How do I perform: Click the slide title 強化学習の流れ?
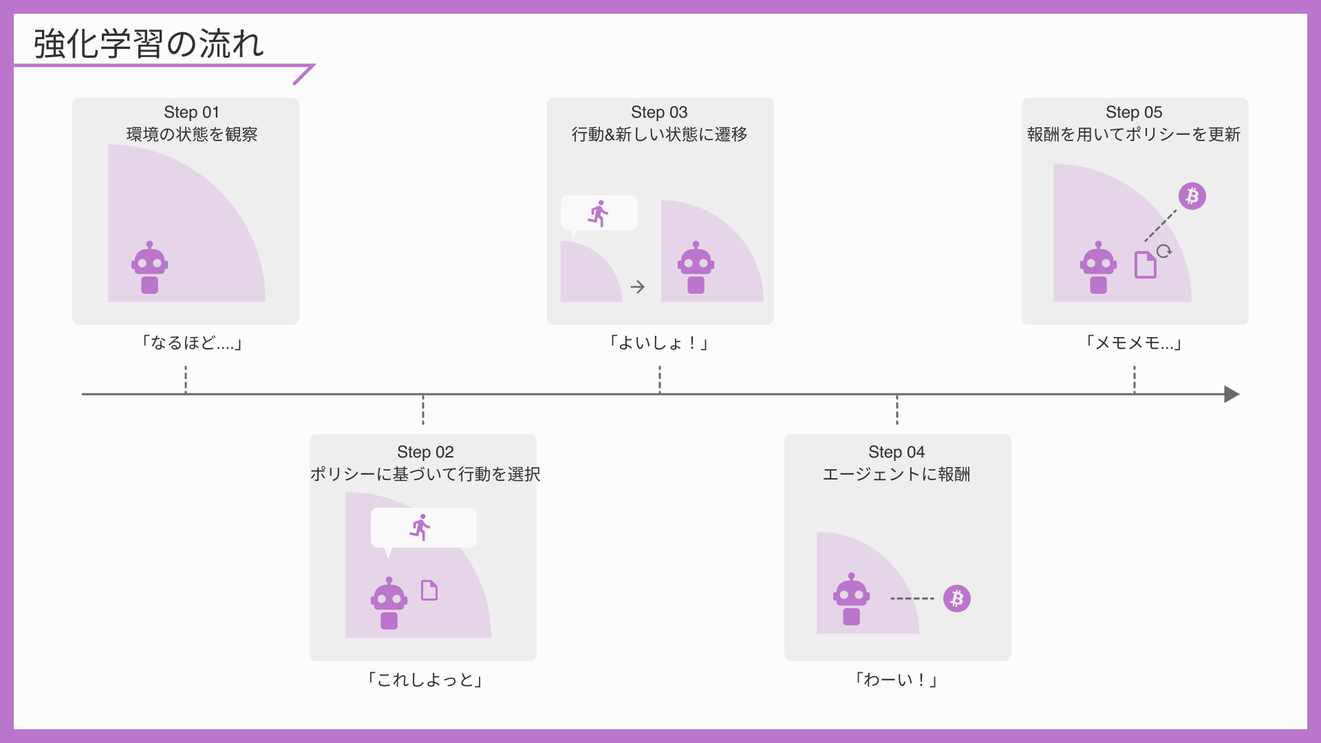[149, 44]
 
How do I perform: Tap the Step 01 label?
[191, 112]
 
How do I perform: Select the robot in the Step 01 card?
[150, 268]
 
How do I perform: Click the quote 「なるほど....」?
[191, 343]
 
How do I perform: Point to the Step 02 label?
[425, 452]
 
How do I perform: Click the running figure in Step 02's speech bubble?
[420, 528]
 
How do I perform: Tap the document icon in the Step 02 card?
[429, 590]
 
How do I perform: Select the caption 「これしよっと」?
[425, 680]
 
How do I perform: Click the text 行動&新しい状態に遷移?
[659, 134]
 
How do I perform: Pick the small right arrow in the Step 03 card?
[638, 287]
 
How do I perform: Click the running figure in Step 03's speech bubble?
[599, 213]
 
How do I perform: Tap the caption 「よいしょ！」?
[659, 343]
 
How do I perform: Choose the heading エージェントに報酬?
[896, 474]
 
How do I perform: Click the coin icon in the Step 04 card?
[956, 599]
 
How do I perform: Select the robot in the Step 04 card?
[851, 599]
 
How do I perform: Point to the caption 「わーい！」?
[896, 680]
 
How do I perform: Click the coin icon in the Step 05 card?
[1192, 196]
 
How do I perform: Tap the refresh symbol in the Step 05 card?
[1163, 251]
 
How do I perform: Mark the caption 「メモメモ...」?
[1134, 343]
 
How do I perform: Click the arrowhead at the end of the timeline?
[1232, 394]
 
